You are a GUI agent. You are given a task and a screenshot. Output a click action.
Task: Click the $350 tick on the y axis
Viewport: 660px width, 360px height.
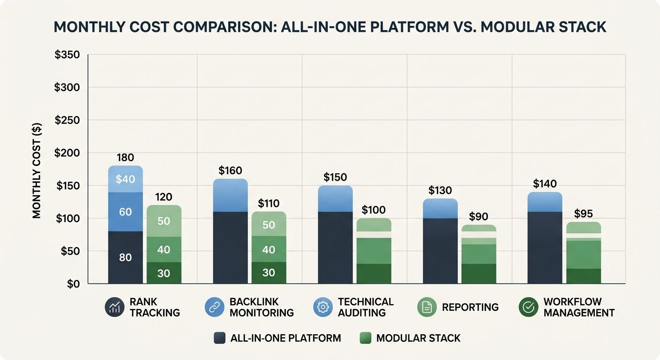point(67,55)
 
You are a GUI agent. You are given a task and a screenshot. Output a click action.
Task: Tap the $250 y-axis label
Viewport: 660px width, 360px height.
point(67,120)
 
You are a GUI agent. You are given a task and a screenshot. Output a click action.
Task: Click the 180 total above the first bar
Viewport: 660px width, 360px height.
point(125,157)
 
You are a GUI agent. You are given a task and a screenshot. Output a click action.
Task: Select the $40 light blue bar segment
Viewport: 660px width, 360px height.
point(125,179)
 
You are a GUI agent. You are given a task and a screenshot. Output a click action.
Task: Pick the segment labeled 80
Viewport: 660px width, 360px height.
point(125,257)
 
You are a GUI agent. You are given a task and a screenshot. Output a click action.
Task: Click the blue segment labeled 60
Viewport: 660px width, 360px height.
point(125,212)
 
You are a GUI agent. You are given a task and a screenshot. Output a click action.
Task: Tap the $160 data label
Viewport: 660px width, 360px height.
point(230,171)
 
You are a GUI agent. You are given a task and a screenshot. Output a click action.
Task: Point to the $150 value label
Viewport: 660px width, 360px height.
point(335,177)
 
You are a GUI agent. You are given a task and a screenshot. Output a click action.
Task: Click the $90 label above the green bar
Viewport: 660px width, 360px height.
point(479,217)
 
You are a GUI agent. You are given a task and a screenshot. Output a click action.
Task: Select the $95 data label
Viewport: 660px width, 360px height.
point(584,214)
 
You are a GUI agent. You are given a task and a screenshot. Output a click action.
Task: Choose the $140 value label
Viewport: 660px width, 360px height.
point(545,184)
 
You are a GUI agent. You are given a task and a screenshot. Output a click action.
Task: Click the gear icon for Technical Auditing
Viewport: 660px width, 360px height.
point(322,307)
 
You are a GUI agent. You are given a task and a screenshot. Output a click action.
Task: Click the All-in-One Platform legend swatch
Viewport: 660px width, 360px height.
point(219,338)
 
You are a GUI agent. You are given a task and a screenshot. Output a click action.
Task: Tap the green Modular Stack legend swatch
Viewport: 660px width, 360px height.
point(365,338)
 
